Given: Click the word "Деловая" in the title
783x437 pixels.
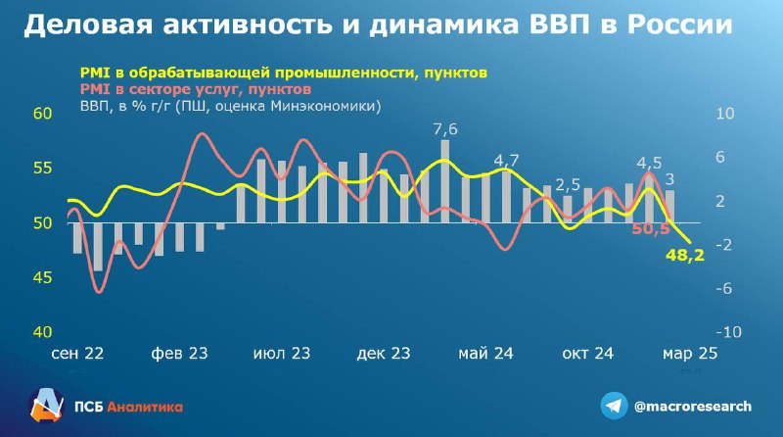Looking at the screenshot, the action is (88, 25).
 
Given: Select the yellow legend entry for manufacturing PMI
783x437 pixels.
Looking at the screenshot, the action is (284, 73).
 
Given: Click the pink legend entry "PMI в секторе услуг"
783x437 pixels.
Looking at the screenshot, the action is (196, 89).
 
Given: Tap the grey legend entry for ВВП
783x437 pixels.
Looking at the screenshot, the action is (231, 106).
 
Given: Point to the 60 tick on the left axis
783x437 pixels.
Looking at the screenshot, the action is (42, 114).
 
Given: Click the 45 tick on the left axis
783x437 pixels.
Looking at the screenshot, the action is (42, 277).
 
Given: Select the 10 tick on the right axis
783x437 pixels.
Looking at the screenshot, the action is (725, 114).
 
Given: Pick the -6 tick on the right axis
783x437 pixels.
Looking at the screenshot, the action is (723, 288).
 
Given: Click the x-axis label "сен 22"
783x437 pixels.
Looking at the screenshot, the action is (77, 354).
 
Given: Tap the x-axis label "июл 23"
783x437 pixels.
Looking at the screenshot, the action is (282, 354).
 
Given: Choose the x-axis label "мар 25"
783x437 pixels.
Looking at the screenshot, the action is (690, 354).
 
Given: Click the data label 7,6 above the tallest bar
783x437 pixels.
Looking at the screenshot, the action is (445, 129).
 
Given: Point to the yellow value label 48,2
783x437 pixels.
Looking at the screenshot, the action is (685, 255).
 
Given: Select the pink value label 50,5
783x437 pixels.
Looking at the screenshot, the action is (651, 229).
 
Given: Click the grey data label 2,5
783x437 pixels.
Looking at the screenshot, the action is (568, 185).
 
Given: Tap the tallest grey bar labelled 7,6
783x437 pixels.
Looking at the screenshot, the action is (445, 181).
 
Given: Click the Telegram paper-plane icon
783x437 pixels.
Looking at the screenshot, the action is (614, 406).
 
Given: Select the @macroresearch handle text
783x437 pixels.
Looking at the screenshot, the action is (693, 406).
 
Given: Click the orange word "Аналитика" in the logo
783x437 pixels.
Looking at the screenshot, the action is (145, 407).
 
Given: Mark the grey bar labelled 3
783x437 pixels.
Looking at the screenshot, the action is (669, 207).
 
